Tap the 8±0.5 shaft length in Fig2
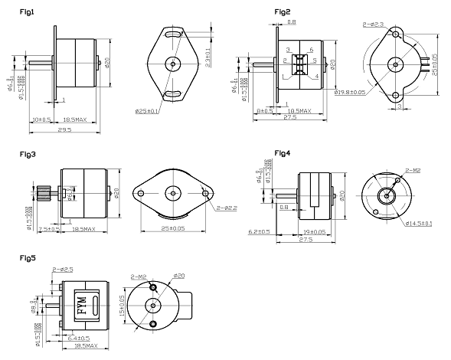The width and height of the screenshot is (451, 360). tap(266, 111)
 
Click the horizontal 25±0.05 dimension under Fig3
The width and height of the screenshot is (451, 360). tap(174, 228)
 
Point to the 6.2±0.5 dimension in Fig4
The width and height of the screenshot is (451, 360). tap(260, 231)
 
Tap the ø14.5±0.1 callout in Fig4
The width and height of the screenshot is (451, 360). tap(418, 224)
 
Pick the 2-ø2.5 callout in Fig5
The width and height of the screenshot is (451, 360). tap(62, 270)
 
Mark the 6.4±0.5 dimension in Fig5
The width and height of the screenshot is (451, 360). tap(79, 338)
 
